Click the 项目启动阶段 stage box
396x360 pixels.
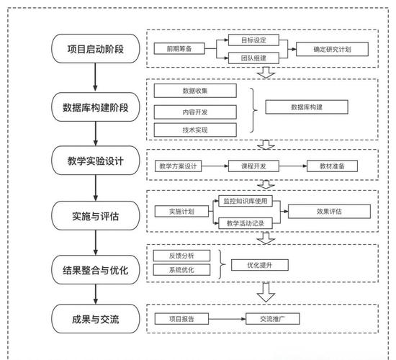(96, 49)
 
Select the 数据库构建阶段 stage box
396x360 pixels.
(96, 108)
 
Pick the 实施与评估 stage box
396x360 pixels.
(96, 215)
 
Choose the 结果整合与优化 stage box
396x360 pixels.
(96, 270)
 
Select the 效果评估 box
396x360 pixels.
(328, 211)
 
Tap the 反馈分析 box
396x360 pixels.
(183, 256)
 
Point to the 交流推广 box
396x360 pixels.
(273, 318)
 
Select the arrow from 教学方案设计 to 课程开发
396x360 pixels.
(217, 166)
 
